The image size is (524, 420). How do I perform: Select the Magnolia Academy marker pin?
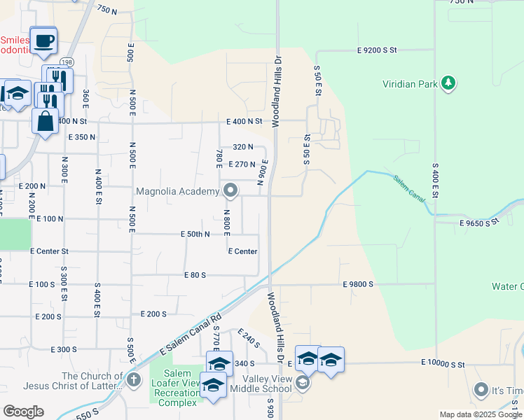coord(230,190)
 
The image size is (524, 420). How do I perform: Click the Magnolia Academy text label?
coord(177,190)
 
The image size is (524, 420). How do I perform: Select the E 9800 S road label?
coord(358,284)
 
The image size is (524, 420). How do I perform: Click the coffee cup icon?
coord(43,41)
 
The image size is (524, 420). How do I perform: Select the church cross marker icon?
coord(134,381)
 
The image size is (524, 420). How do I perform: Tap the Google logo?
coord(23,412)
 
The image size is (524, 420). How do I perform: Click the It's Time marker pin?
coord(481,388)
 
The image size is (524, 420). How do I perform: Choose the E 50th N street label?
coord(195,234)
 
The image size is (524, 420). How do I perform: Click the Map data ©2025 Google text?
coord(481,414)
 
